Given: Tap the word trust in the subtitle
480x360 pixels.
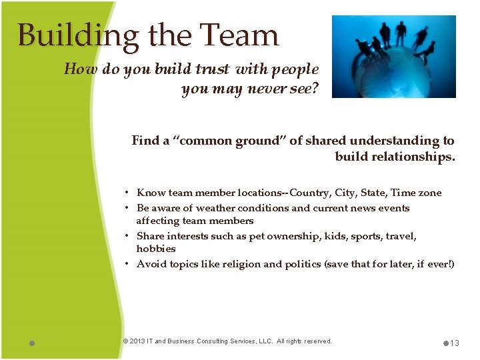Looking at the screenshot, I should point(210,69).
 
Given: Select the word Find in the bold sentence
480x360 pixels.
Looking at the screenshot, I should point(145,141).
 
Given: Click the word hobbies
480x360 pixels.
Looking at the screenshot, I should point(156,249).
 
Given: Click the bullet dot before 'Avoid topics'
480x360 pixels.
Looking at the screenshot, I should point(127,264).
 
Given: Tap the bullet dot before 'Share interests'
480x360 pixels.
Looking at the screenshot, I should point(127,236).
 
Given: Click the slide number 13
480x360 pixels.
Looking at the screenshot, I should point(455,343).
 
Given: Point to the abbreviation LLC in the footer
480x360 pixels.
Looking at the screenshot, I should point(260,341).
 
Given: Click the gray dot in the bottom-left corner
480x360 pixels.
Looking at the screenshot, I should point(32,343).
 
